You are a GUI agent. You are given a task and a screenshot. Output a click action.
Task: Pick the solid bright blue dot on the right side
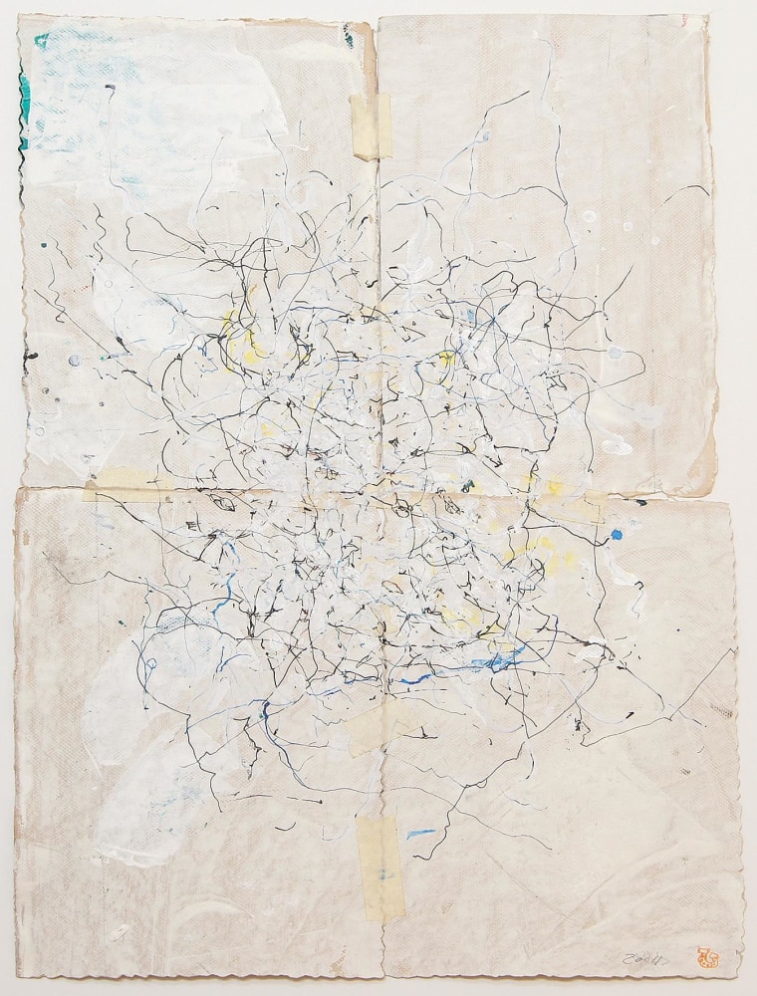pyautogui.click(x=617, y=535)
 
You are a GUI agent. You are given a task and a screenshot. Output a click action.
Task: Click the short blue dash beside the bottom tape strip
pyautogui.click(x=420, y=832)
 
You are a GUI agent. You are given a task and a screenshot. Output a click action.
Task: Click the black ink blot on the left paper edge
pyautogui.click(x=31, y=355)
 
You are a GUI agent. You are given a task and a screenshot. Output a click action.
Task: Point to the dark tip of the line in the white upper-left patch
pyautogui.click(x=108, y=88)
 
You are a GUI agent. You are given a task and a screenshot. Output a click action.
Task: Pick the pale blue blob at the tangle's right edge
pyautogui.click(x=619, y=355)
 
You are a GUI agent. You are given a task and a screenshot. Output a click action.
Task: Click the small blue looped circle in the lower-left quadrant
pyautogui.click(x=150, y=663)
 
